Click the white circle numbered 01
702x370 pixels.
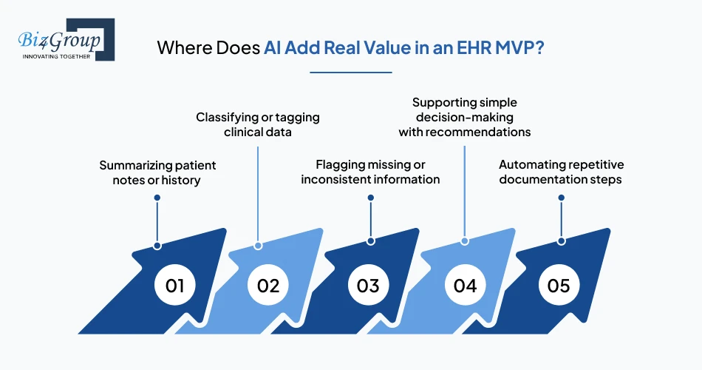click(174, 286)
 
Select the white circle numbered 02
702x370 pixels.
click(268, 286)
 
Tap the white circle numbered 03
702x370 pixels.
click(368, 286)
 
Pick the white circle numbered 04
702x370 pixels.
click(465, 286)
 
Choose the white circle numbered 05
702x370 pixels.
click(559, 286)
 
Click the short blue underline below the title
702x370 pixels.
click(350, 73)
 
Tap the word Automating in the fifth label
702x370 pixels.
click(531, 164)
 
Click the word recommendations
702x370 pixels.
click(481, 132)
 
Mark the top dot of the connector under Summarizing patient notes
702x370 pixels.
click(157, 198)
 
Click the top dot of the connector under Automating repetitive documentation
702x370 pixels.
click(562, 198)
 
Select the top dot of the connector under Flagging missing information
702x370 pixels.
click(370, 198)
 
